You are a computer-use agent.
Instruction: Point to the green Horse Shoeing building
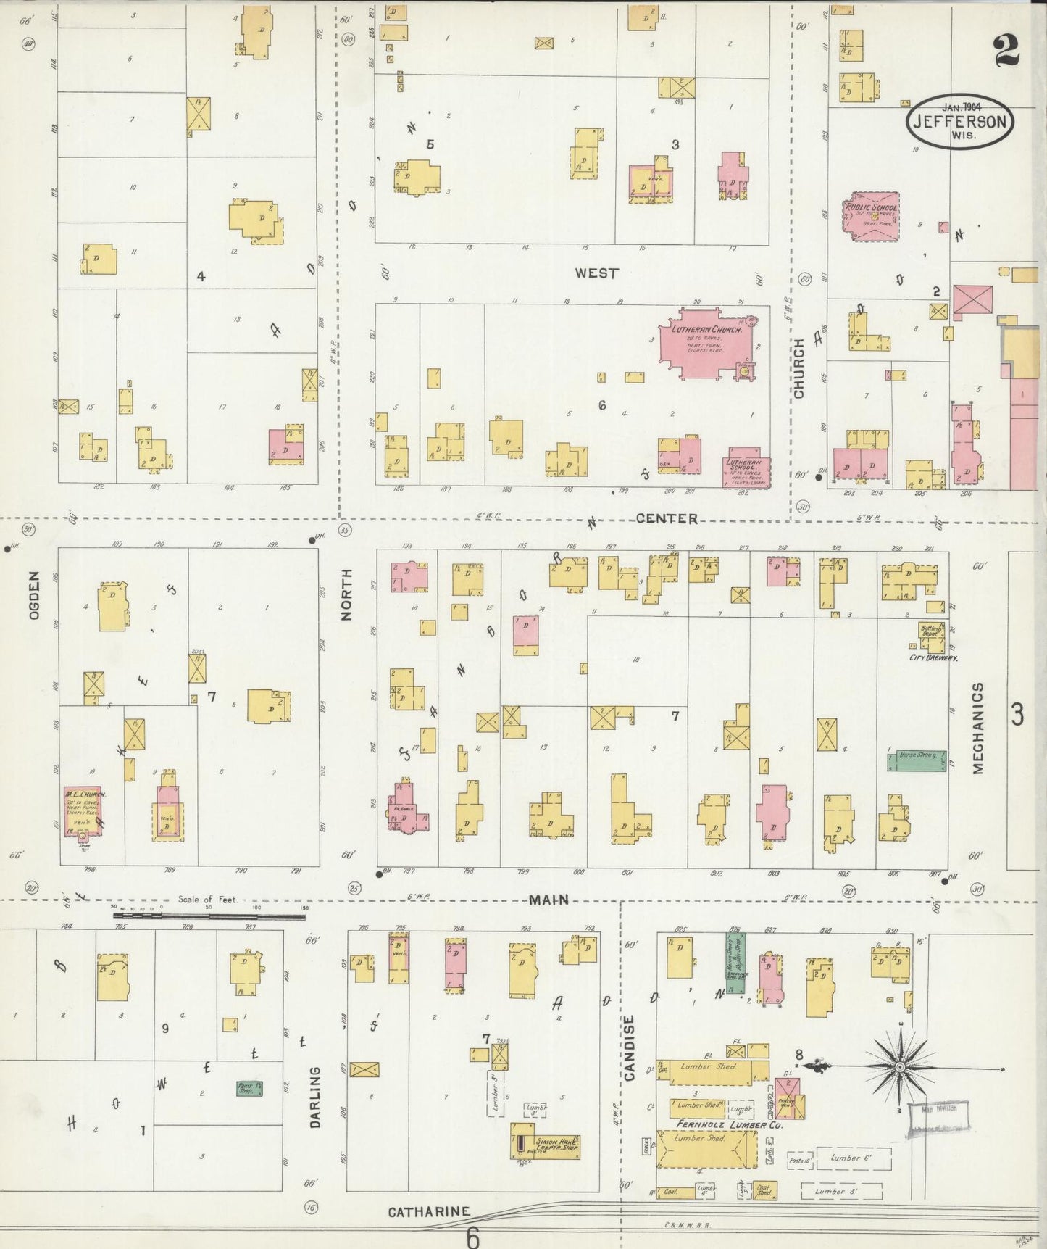tap(917, 760)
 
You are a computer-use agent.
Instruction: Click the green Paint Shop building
tap(249, 1088)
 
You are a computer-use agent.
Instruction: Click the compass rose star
tap(899, 1068)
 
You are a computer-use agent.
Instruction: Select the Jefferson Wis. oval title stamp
tap(959, 121)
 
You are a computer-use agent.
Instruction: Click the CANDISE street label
tap(629, 1047)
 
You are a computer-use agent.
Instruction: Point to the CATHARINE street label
tap(428, 1211)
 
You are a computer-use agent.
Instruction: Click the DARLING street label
tap(315, 1097)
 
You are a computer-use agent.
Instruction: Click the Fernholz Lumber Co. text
tap(730, 1124)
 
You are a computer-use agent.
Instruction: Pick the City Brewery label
tap(933, 657)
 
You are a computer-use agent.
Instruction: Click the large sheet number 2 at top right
tap(1006, 51)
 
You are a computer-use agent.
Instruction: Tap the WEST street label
tap(596, 273)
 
